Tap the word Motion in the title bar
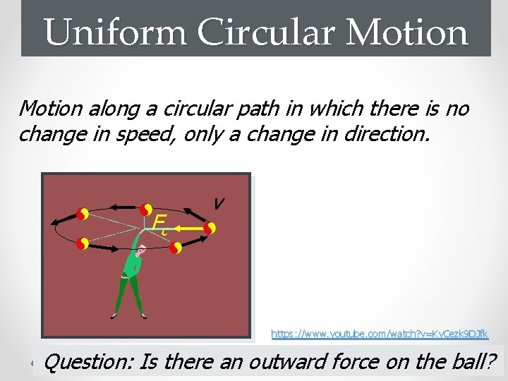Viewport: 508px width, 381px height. (409, 32)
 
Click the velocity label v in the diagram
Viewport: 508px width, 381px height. (219, 203)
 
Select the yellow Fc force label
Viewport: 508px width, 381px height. (159, 223)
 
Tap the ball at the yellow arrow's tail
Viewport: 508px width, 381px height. (210, 228)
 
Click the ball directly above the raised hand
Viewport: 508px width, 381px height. (145, 210)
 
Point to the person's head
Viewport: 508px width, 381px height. (141, 249)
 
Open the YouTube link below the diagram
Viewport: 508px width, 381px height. (380, 332)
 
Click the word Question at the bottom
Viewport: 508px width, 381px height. (89, 362)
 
